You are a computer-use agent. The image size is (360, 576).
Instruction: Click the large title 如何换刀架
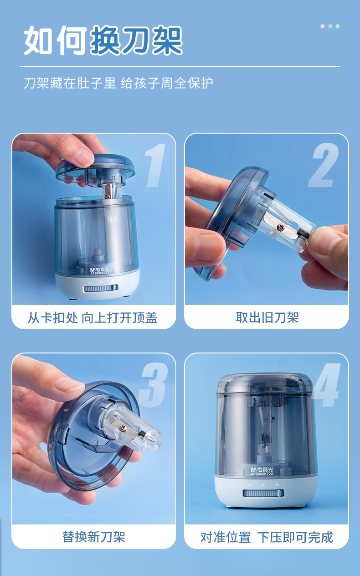click(x=103, y=40)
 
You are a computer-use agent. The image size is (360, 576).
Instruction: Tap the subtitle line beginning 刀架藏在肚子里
click(x=118, y=83)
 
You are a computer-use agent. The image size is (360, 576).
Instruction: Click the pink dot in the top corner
click(x=323, y=26)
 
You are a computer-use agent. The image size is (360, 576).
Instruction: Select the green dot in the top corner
click(x=338, y=26)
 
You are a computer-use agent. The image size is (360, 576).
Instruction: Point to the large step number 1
click(x=154, y=165)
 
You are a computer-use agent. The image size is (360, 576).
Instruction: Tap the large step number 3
click(x=153, y=385)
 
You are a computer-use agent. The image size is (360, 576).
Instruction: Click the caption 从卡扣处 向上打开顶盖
click(x=93, y=317)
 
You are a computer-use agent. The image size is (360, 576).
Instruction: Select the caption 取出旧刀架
click(x=267, y=317)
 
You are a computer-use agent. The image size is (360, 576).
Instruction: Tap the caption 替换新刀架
click(x=94, y=537)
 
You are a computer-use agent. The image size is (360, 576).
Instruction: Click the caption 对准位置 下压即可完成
click(x=267, y=537)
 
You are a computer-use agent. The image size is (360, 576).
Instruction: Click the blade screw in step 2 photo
click(x=280, y=227)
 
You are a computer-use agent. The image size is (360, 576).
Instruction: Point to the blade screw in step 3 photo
click(x=123, y=428)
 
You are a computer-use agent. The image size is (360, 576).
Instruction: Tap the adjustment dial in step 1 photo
click(x=101, y=288)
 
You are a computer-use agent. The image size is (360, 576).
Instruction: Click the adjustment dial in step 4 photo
click(x=263, y=493)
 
